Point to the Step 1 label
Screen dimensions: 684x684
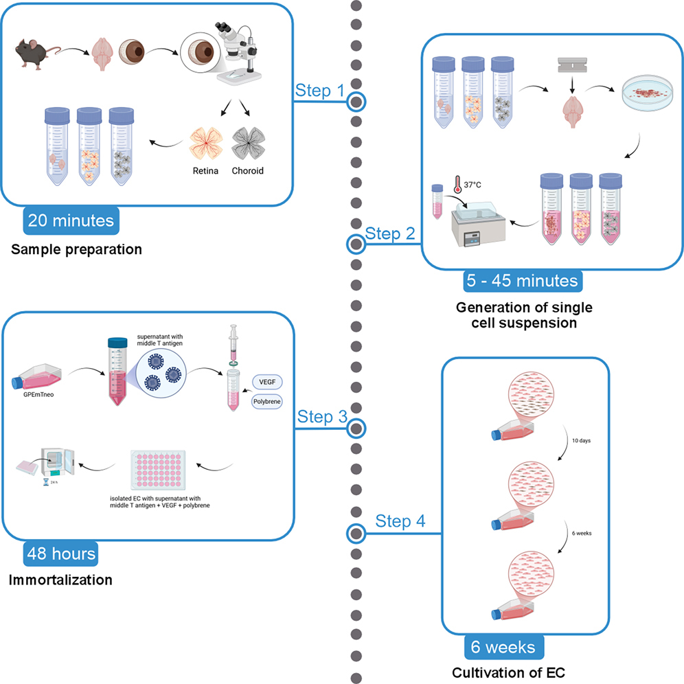(319, 91)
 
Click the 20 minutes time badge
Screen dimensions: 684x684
(70, 221)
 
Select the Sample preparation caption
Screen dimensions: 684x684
(76, 249)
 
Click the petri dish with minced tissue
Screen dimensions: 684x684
(647, 95)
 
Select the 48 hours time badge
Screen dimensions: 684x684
(61, 554)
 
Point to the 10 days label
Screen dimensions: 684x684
(581, 440)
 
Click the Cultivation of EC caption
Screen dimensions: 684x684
(509, 673)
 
